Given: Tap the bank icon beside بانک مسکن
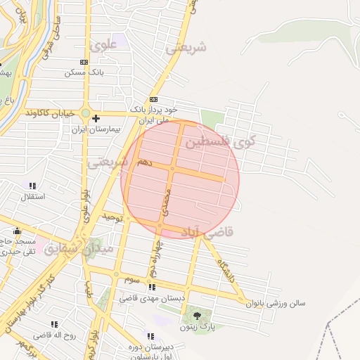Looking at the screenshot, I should coord(84,63).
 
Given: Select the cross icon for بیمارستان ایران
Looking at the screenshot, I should coord(96,118).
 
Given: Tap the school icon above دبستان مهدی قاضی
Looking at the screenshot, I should coord(151,287).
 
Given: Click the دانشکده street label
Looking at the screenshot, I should coord(226,268).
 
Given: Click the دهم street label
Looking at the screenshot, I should coord(144,162).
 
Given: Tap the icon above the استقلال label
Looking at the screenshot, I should coord(32,186).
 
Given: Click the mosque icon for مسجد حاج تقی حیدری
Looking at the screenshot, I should coord(17,231).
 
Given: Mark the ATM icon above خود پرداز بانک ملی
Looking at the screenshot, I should coord(153,100).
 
